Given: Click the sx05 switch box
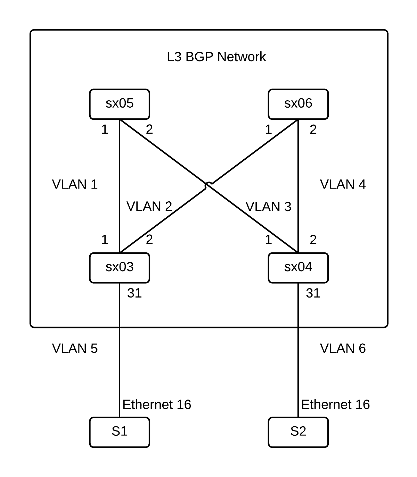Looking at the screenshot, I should tap(120, 104).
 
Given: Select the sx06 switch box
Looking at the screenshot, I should tap(298, 104).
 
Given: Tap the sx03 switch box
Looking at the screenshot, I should tap(120, 268).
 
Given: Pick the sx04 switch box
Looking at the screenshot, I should tap(298, 268).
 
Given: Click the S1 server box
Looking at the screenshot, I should tap(120, 432).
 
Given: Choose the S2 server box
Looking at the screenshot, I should tap(298, 432).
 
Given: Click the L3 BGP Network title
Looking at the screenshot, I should tap(216, 57).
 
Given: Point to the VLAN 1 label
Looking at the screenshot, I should tap(75, 184).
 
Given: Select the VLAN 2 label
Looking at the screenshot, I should tap(149, 207).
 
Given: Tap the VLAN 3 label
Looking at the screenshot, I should tap(268, 207).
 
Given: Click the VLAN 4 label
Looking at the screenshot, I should tap(343, 184).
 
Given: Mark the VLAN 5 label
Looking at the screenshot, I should tap(75, 348).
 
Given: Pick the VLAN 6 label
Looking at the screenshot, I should tap(343, 348).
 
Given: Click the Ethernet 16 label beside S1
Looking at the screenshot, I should tap(157, 404).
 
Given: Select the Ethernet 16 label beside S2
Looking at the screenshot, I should tap(335, 404).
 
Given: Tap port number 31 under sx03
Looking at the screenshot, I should tap(134, 293).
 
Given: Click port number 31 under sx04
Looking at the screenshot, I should tap(313, 293).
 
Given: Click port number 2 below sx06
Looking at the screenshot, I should tap(313, 130).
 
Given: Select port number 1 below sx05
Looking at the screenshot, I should tap(105, 130).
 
